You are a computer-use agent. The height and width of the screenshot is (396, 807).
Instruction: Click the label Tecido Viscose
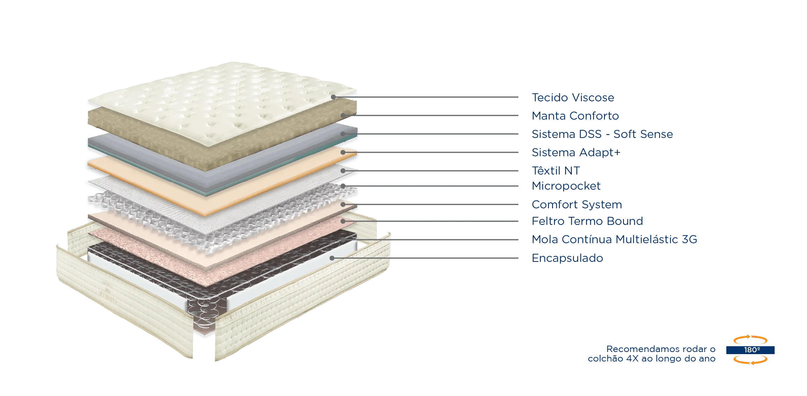[573, 97]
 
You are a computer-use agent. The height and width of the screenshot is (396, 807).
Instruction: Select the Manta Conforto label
[575, 116]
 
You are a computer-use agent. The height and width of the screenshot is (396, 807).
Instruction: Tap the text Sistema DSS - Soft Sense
[602, 134]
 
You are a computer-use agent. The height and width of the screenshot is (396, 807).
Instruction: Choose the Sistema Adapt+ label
[577, 152]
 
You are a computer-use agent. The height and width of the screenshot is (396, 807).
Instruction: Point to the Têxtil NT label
[555, 171]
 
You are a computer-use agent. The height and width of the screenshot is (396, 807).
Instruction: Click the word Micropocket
[566, 186]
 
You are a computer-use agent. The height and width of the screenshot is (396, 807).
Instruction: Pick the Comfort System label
[577, 204]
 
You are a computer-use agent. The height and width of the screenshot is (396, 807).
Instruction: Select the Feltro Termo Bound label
[588, 221]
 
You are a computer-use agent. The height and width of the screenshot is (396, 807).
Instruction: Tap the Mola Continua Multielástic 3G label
[614, 240]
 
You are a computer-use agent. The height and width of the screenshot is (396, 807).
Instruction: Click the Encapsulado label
[567, 258]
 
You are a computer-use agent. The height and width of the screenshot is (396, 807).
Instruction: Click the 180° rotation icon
[751, 350]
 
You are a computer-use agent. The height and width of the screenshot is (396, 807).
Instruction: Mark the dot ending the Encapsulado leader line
[331, 258]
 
